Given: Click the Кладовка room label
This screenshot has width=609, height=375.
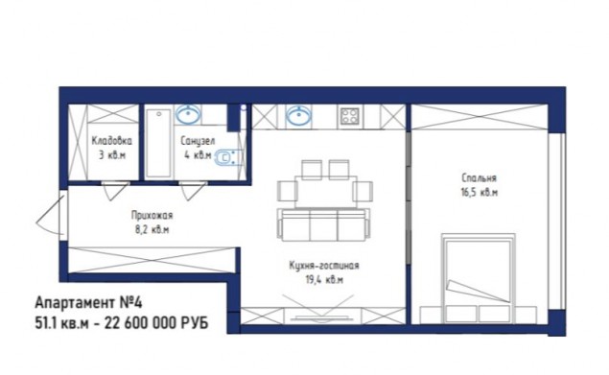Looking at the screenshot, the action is pos(112,140).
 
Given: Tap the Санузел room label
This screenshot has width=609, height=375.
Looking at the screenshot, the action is pos(198,141).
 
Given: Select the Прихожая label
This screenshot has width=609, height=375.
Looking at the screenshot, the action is pos(152,215).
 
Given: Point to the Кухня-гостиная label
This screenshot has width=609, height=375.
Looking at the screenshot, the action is pos(324,266).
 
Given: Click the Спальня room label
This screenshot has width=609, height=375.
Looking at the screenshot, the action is pos(479,178).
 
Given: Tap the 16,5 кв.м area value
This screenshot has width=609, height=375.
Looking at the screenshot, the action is pos(479,193).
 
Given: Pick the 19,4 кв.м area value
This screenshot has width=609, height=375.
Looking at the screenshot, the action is pos(324,280).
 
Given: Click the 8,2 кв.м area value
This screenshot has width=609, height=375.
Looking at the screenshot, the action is pos(152,229).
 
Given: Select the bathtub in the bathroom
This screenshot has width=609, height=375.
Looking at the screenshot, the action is pos(158,144).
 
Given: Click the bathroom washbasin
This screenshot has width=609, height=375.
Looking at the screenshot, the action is pos(188,115).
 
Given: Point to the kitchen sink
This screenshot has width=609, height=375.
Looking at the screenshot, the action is pos(298,115).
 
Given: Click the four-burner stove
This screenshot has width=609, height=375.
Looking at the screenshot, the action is pos(350,116).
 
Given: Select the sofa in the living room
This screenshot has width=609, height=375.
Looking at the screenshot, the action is pos(323,225).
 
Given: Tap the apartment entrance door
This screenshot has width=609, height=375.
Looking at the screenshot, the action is pos(52,216).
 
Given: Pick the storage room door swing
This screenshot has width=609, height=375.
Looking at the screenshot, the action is pos(115,191).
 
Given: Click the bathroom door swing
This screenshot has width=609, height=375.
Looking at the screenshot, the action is pos(192,191).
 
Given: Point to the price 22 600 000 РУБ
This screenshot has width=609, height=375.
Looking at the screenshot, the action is pos(156,323).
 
